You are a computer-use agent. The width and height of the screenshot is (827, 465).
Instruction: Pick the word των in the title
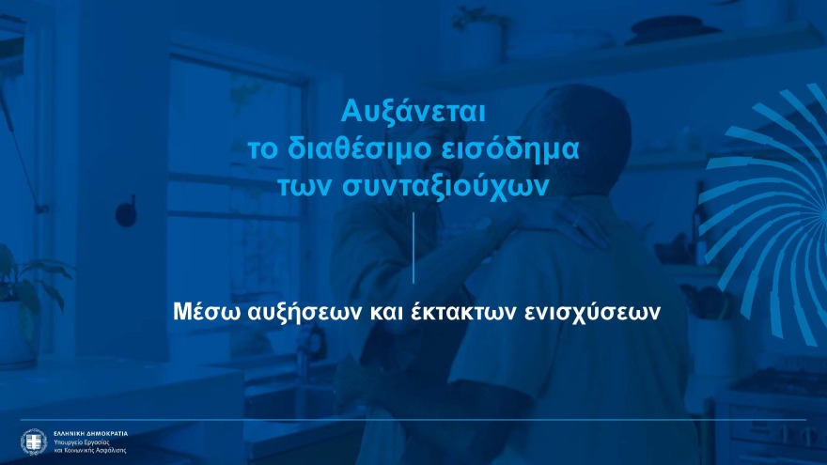click(301, 186)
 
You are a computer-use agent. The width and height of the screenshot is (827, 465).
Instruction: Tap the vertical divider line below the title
click(413, 247)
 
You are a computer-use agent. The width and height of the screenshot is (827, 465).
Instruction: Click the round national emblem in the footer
click(33, 441)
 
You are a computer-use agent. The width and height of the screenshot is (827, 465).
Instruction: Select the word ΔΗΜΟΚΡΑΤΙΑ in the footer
click(107, 433)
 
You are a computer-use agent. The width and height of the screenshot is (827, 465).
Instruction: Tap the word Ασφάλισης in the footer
click(112, 449)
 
